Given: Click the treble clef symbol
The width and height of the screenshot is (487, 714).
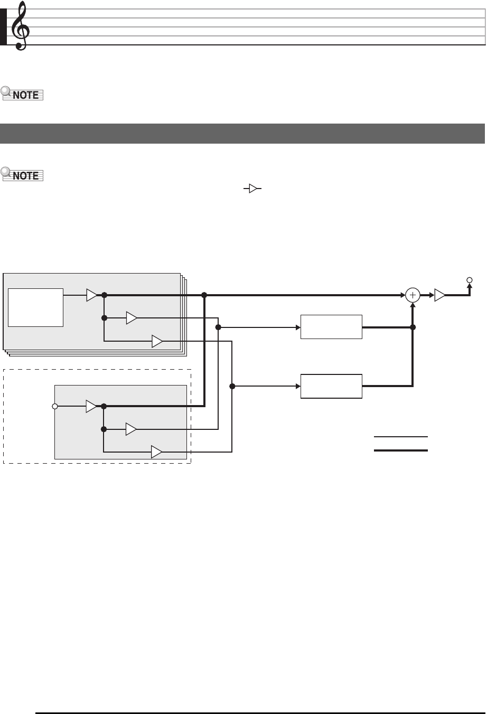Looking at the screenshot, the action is (19, 26).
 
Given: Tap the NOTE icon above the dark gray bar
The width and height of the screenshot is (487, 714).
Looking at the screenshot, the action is (22, 95).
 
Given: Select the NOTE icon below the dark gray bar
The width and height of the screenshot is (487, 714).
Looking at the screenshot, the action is (22, 175).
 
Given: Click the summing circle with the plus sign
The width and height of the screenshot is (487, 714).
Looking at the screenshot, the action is (413, 295).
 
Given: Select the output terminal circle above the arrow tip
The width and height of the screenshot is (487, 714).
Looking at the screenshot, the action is (469, 280).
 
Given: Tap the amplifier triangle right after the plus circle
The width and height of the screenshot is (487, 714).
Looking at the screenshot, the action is (439, 295).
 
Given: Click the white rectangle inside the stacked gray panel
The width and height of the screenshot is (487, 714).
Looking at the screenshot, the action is (36, 307).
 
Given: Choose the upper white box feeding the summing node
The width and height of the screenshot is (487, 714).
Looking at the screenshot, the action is (331, 327).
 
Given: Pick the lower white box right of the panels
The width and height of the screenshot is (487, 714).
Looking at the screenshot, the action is (331, 386).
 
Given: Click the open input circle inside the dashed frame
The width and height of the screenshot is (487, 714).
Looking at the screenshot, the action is (54, 406).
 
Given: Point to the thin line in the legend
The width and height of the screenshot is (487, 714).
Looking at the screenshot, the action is (401, 437).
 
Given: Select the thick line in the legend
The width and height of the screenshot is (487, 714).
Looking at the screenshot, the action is (401, 450).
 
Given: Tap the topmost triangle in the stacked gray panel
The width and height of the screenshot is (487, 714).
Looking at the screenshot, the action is (92, 295).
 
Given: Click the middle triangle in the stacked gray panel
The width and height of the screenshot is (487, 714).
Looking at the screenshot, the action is (131, 318).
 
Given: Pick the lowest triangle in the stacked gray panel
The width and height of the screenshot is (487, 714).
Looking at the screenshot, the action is (157, 341).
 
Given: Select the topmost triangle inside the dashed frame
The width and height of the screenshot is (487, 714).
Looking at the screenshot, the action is (92, 406).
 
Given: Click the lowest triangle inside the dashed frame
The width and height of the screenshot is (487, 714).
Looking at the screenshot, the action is (157, 452).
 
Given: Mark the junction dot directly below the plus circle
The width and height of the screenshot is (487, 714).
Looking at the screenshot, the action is (413, 327).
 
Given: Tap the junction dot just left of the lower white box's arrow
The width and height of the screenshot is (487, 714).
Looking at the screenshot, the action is (232, 386).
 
